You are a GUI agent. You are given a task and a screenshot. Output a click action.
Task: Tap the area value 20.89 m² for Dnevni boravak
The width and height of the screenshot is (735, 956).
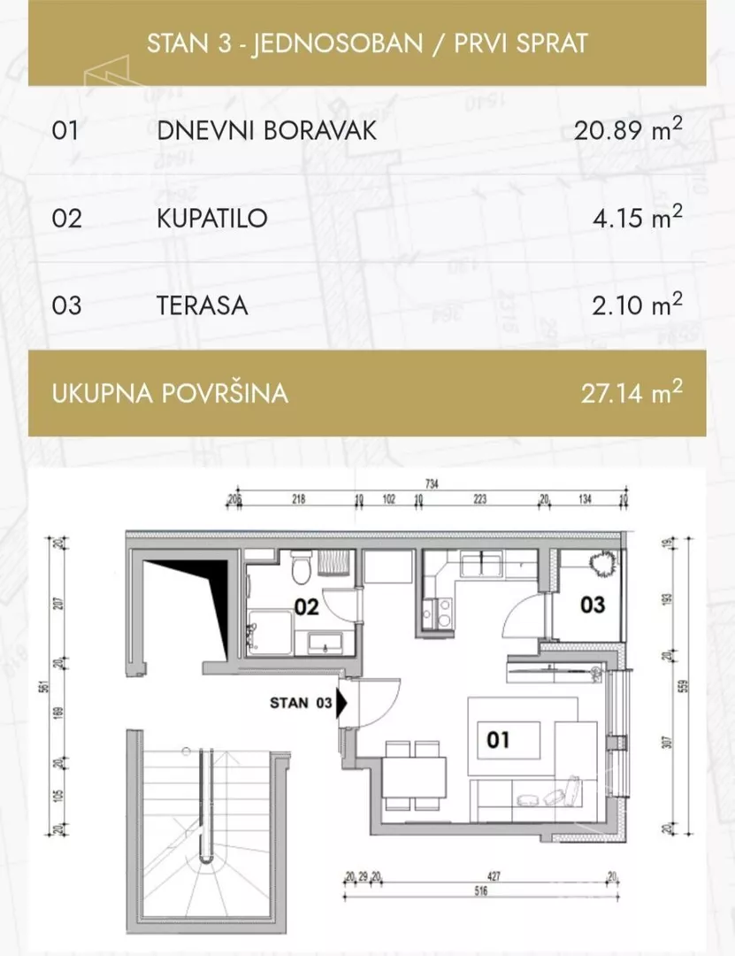[x=628, y=131]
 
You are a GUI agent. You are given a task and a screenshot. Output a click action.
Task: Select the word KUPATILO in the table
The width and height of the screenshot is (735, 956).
[x=212, y=218]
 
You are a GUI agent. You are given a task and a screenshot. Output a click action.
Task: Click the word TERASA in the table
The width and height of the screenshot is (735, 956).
[x=203, y=306]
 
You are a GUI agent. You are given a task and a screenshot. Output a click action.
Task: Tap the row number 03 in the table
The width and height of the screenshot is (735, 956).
[x=67, y=306]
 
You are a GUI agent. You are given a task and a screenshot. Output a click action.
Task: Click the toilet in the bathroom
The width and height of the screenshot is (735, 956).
[x=301, y=566]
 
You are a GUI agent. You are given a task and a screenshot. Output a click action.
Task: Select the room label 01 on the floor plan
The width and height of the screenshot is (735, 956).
[x=498, y=737]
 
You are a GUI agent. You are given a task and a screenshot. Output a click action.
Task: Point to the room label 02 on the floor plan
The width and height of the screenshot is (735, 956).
[x=306, y=607]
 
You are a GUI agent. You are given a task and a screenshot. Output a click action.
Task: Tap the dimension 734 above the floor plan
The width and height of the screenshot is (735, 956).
[x=431, y=484]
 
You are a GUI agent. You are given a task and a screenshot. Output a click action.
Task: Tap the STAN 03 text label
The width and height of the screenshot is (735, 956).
[x=301, y=704]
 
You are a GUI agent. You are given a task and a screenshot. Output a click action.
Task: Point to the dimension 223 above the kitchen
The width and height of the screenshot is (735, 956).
[x=480, y=499]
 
